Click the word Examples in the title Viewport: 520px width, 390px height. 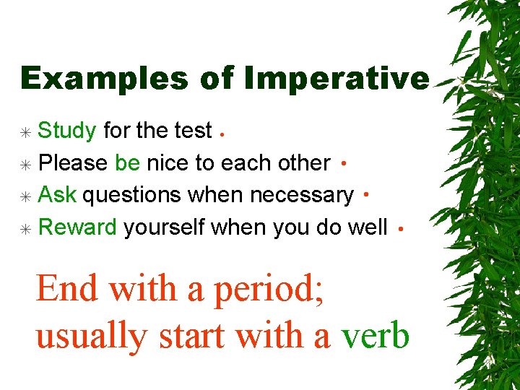[105, 79]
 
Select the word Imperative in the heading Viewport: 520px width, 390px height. [337, 79]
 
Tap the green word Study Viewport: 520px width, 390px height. [67, 131]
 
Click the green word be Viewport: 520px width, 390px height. [128, 162]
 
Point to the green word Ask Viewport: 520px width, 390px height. [57, 194]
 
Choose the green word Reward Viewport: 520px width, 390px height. [77, 227]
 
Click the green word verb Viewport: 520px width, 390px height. [376, 337]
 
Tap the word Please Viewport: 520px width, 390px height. [73, 162]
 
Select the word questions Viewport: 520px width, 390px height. [131, 196]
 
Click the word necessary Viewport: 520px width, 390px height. [302, 196]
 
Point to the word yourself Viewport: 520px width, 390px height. [164, 227]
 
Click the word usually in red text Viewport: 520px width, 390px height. [92, 337]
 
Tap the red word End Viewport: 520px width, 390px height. [66, 288]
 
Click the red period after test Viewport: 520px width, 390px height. [222, 134]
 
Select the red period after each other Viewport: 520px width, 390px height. [344, 163]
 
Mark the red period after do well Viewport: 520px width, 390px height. [401, 229]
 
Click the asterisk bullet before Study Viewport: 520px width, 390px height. [25, 133]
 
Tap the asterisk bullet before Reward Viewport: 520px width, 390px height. [25, 229]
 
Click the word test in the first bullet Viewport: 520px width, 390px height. [194, 130]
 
